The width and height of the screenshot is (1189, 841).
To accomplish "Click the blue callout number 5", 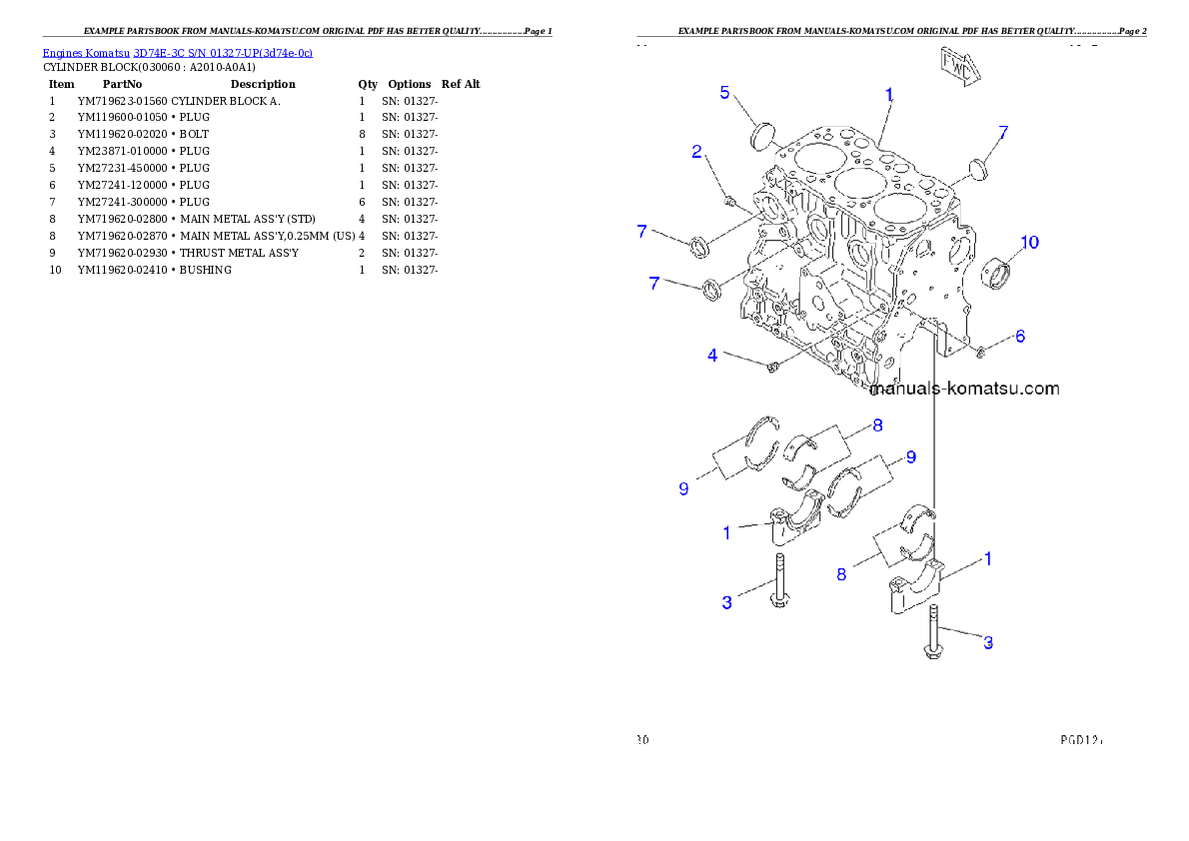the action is (725, 93).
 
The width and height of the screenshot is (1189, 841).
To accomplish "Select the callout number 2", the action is (697, 152).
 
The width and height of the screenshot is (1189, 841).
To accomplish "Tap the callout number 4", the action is (712, 355).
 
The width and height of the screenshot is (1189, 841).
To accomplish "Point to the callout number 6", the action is (1020, 337).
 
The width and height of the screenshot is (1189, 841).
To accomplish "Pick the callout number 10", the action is (1029, 242).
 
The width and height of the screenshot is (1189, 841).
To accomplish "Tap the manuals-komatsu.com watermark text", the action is (964, 389).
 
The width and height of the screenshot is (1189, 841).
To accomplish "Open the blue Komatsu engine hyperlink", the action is (177, 52).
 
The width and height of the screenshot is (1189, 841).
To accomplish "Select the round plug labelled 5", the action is (763, 133).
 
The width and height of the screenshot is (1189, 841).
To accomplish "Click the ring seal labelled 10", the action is (995, 273).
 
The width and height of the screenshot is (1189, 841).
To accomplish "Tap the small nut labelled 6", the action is (980, 351).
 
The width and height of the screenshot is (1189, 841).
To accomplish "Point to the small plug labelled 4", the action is (773, 369).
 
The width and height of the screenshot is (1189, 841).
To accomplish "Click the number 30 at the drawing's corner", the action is (643, 741).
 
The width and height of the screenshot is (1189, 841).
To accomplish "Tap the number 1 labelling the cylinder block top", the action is (888, 94).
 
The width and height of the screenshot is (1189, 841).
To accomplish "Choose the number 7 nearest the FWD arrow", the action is (1003, 131).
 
